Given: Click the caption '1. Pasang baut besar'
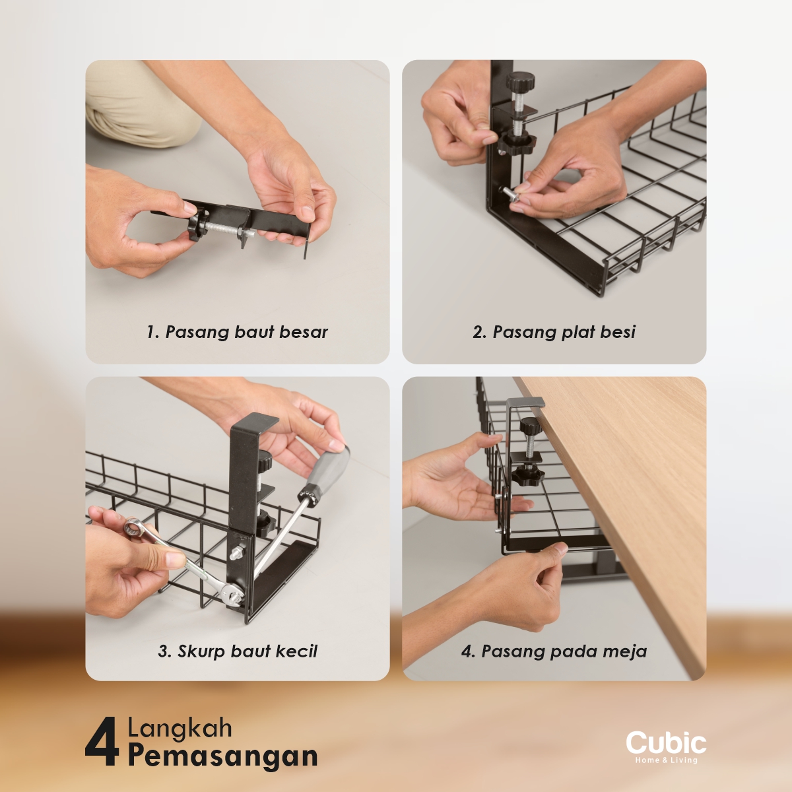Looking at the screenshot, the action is point(237,332).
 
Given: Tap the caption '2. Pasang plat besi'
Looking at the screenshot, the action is point(554,332).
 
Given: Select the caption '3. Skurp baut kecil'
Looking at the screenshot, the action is point(238,651).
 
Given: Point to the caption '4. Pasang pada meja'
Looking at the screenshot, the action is point(554,651).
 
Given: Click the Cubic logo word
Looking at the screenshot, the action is point(666,744).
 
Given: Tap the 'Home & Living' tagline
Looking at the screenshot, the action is point(666,760).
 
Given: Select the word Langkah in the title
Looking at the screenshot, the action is point(180,728).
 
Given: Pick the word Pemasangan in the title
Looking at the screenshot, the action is point(223,756).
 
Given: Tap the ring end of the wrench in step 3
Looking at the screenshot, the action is point(133,527).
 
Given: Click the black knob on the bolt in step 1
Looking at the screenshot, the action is point(197,226).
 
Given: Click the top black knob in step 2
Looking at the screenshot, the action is point(520,82).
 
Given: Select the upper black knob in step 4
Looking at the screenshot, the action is point(531,426).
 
